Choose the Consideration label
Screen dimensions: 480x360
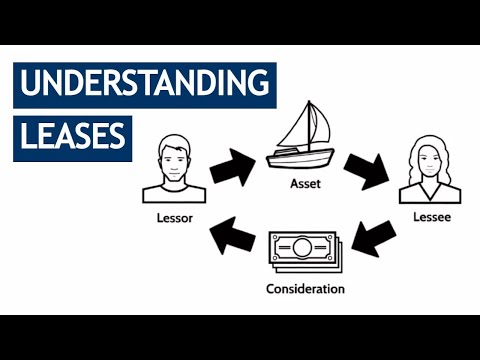click(305, 289)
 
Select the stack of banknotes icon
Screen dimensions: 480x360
click(306, 252)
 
